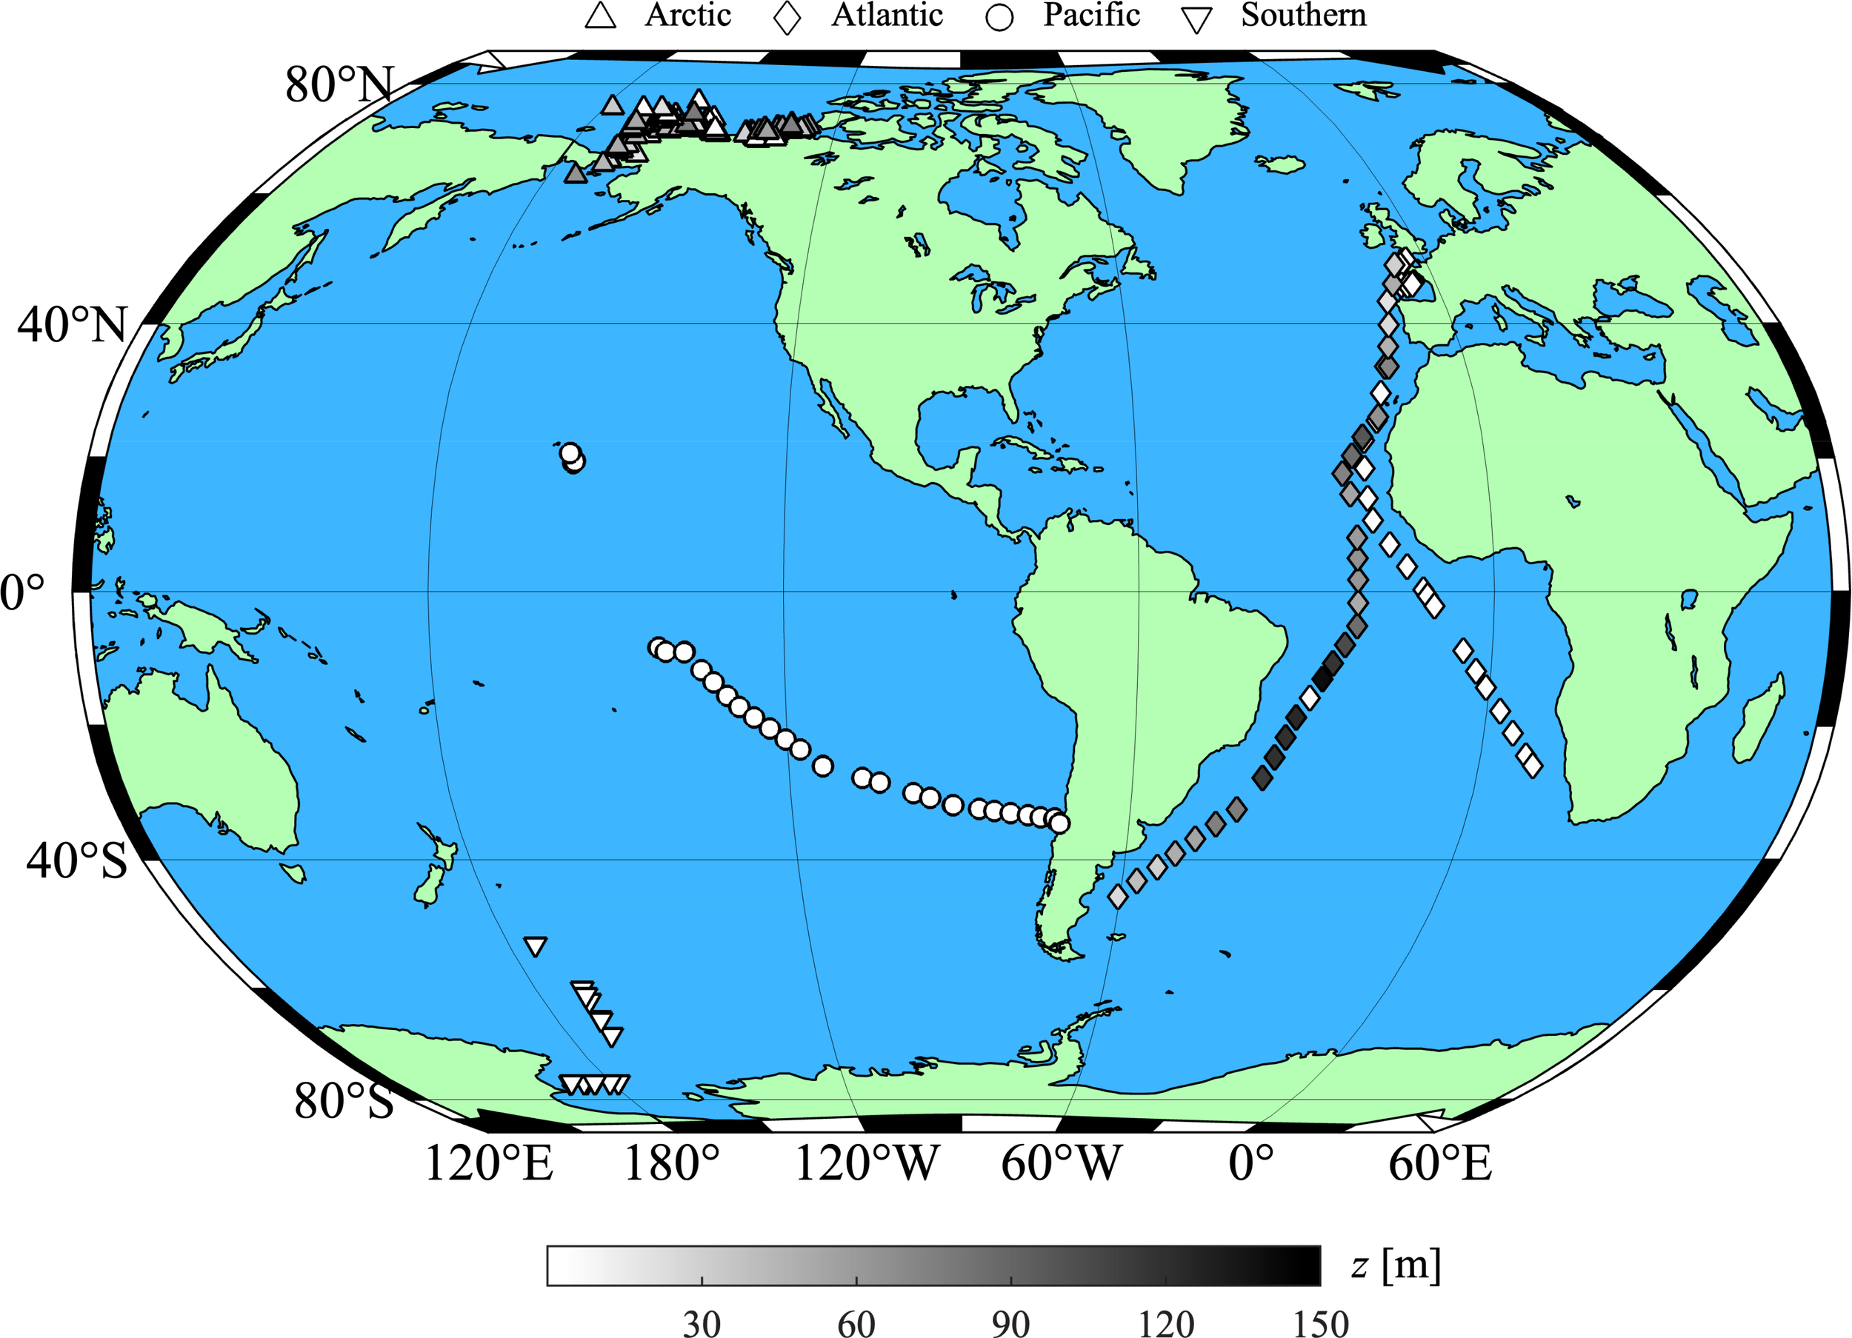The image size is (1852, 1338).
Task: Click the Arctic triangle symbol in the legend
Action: tap(601, 16)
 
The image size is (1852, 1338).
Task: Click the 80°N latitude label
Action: tap(339, 84)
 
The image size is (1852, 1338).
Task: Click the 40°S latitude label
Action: tap(77, 860)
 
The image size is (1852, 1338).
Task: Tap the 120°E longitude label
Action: tap(489, 1163)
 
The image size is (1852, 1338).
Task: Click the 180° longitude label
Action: tap(672, 1163)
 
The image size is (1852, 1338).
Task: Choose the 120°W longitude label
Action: tap(867, 1163)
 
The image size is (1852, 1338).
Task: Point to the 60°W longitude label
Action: tap(1062, 1163)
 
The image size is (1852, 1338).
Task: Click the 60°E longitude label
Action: tap(1440, 1163)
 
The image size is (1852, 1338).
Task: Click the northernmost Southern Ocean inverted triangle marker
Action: tap(535, 946)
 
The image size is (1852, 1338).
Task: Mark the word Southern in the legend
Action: tap(1303, 16)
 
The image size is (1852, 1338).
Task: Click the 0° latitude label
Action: tap(23, 592)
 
